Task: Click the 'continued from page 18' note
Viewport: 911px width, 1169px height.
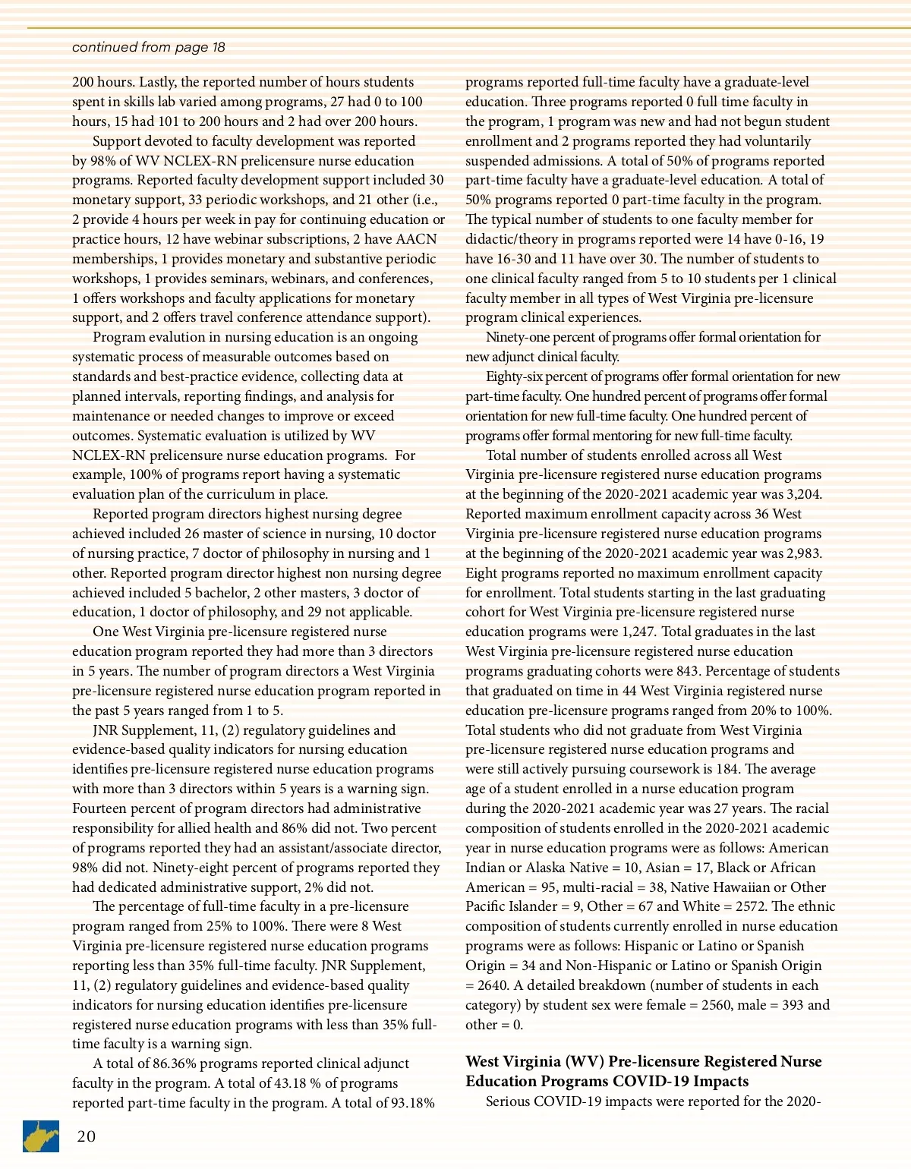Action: pyautogui.click(x=148, y=47)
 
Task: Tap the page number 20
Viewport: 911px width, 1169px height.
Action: pyautogui.click(x=86, y=1136)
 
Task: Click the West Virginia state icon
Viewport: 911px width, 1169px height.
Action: pyautogui.click(x=42, y=1136)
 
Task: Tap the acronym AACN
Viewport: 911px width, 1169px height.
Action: pyautogui.click(x=416, y=239)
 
